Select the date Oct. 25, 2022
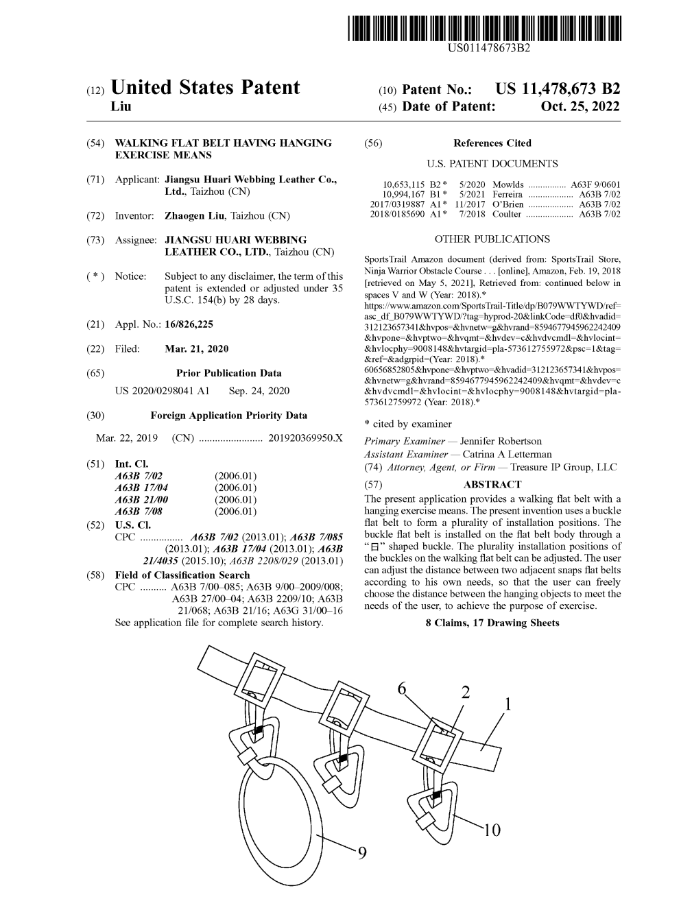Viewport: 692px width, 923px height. (580, 107)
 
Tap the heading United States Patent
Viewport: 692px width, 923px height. (204, 88)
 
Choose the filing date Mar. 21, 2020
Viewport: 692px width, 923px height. (197, 349)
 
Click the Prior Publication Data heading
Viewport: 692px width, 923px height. (228, 374)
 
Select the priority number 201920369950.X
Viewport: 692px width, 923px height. (306, 438)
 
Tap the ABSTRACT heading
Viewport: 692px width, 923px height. (492, 484)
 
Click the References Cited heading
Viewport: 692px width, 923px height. (492, 143)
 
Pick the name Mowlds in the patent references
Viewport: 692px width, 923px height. (508, 185)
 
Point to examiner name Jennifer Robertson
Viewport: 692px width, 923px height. (501, 442)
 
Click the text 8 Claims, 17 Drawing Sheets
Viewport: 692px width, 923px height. (492, 623)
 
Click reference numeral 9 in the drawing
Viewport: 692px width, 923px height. (362, 853)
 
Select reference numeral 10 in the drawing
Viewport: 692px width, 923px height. (491, 831)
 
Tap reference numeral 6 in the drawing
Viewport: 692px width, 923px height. (402, 688)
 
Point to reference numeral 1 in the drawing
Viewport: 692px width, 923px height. (508, 704)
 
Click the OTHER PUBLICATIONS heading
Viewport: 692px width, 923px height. (492, 239)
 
